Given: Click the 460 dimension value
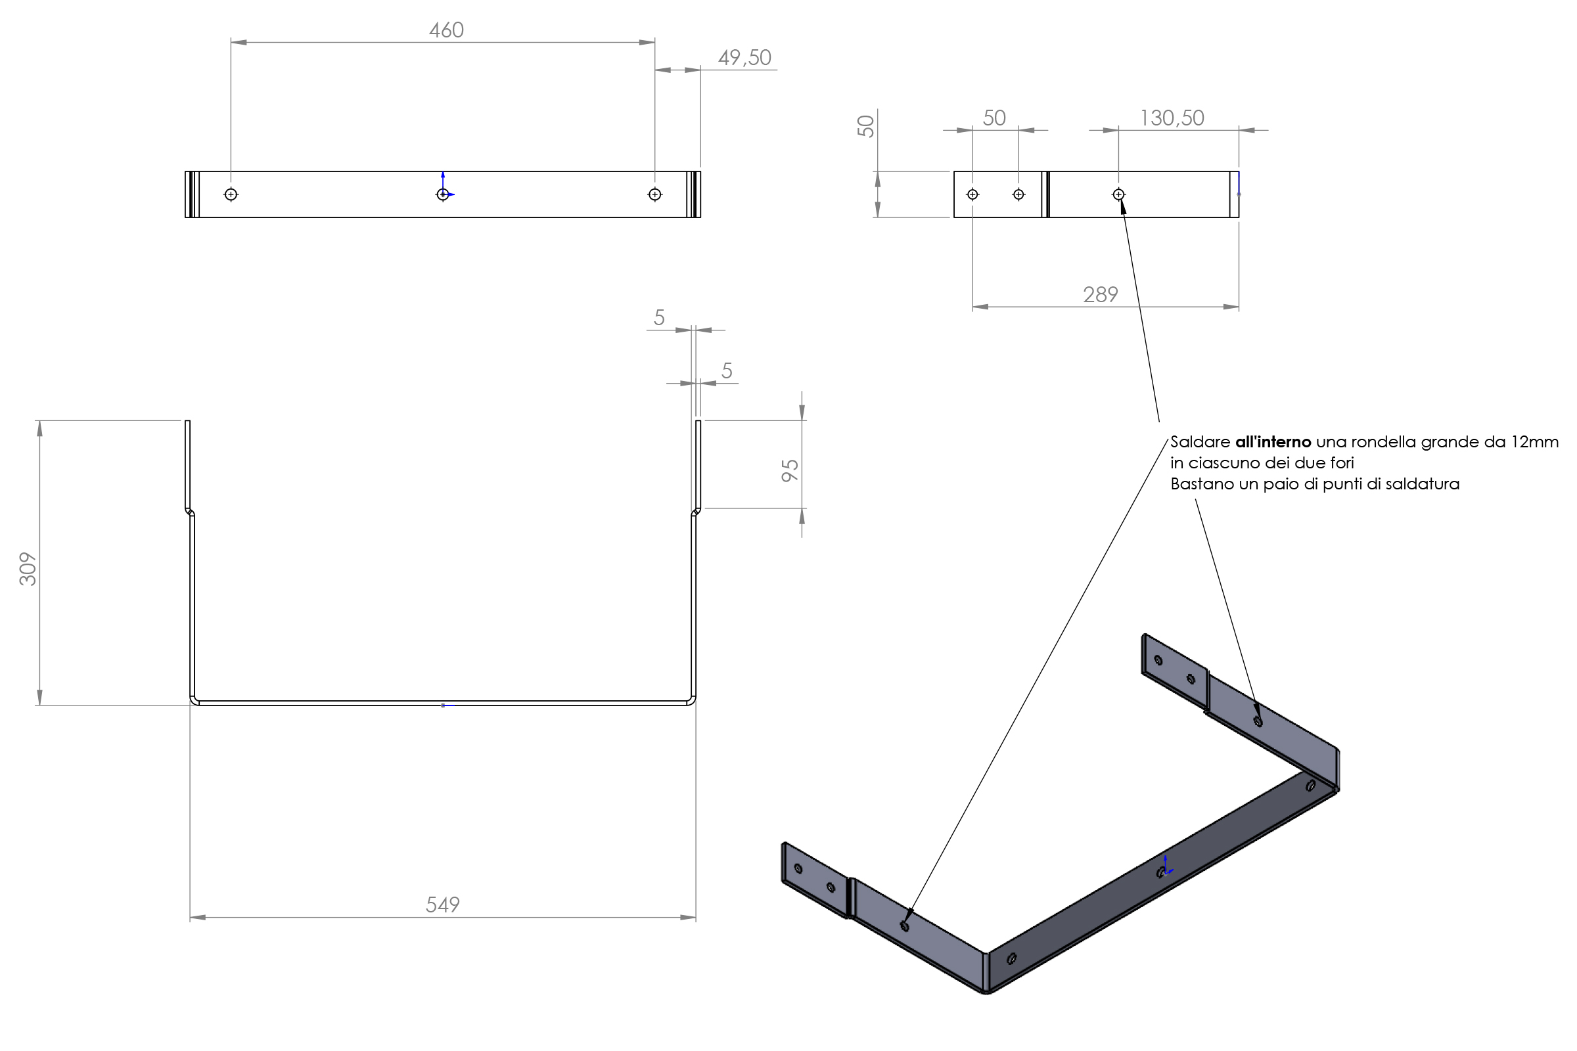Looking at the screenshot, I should [446, 30].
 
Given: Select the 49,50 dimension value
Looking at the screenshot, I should [744, 58].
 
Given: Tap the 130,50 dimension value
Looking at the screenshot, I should [1172, 118].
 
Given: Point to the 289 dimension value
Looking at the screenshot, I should [1100, 294].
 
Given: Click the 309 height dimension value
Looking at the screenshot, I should [28, 569].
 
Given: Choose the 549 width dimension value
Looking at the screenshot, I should [442, 905].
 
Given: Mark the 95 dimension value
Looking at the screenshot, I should [790, 470].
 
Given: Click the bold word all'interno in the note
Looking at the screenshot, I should [1273, 442].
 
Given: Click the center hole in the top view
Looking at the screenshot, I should [442, 194].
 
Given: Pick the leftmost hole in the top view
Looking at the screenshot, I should [231, 194].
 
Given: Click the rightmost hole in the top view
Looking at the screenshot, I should [655, 194].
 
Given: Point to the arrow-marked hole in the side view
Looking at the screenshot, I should [1118, 194].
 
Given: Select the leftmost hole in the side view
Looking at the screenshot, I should [972, 194].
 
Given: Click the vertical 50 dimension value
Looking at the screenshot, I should [865, 126].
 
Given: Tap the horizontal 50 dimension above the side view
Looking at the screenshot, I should [994, 118].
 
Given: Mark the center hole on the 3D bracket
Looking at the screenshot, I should [1160, 873].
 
